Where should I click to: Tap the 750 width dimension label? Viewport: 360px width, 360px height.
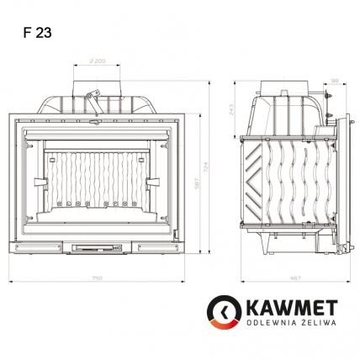tap(98, 276)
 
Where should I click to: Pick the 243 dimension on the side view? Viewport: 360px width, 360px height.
tap(233, 110)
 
